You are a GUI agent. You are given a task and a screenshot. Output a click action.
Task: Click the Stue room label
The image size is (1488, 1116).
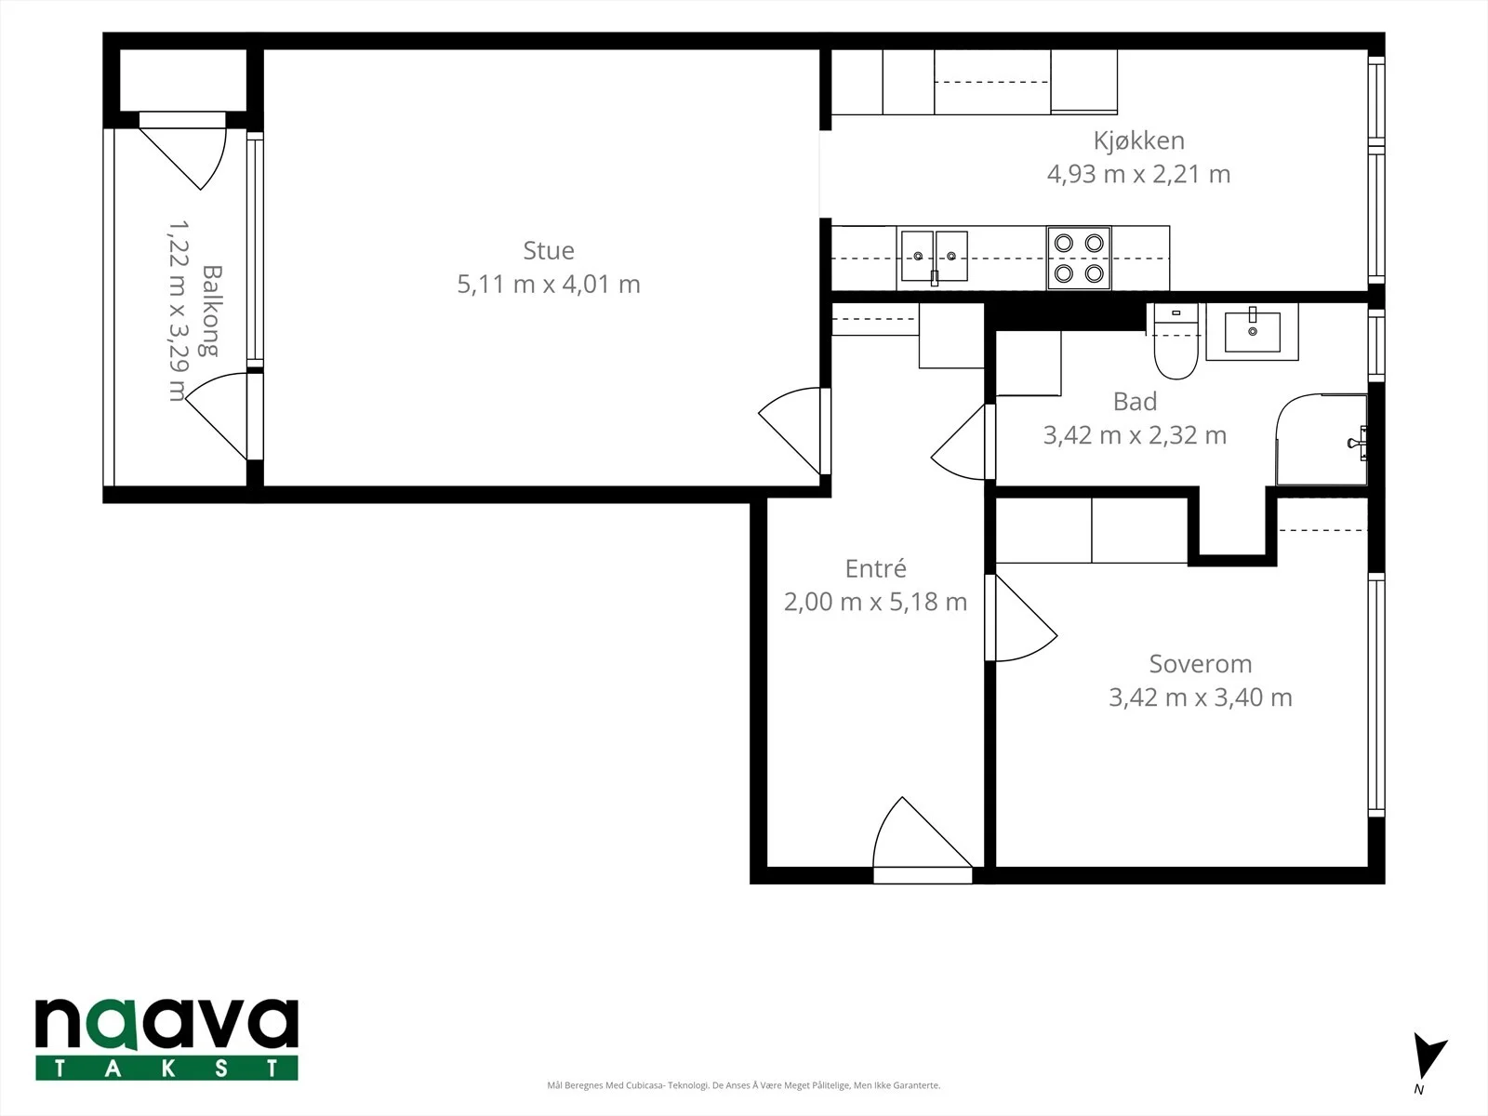(x=549, y=251)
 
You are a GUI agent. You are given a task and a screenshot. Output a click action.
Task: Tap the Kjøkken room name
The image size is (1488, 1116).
(x=1139, y=141)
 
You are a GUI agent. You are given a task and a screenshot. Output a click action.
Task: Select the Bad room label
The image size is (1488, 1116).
(x=1135, y=402)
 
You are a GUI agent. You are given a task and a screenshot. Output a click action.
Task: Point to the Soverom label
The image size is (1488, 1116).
(x=1200, y=664)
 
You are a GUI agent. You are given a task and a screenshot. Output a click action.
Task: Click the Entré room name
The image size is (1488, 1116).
(x=875, y=568)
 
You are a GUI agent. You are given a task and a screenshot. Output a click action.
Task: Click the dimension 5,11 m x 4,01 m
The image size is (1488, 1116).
(x=549, y=284)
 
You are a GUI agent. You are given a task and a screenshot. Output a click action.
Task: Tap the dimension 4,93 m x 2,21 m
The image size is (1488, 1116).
(x=1139, y=174)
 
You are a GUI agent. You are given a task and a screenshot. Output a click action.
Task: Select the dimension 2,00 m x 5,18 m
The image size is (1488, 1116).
(x=875, y=602)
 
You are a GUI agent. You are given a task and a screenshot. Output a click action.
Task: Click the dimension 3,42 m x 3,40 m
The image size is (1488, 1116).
(x=1200, y=697)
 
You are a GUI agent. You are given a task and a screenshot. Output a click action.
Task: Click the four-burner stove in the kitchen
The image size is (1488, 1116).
(x=1079, y=259)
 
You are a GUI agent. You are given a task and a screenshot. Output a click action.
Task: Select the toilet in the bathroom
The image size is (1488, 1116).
(x=1176, y=340)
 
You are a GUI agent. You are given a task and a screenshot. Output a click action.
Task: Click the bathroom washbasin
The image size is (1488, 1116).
(x=1252, y=331)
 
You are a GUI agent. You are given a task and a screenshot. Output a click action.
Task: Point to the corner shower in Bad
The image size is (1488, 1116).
(x=1322, y=440)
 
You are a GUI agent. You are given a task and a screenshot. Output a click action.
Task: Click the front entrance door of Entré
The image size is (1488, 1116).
(x=923, y=840)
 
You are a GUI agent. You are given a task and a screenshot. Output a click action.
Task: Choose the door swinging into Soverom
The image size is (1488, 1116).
(x=1021, y=618)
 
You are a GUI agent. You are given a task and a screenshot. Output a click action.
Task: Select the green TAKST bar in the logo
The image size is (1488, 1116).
(x=166, y=1068)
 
